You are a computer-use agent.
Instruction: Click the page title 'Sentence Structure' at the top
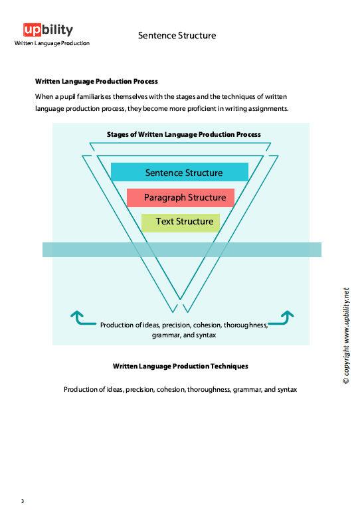click(x=177, y=35)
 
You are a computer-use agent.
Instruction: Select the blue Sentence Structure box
click(x=179, y=173)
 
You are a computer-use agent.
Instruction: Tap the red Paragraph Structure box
click(x=181, y=197)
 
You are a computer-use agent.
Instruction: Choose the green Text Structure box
click(x=180, y=222)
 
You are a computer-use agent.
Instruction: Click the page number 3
click(x=22, y=501)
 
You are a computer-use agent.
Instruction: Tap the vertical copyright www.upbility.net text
click(x=346, y=335)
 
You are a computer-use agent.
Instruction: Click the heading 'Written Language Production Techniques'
click(x=181, y=366)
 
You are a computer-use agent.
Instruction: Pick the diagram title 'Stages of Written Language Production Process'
click(x=184, y=134)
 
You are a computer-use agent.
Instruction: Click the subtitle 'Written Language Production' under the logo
click(x=52, y=43)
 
